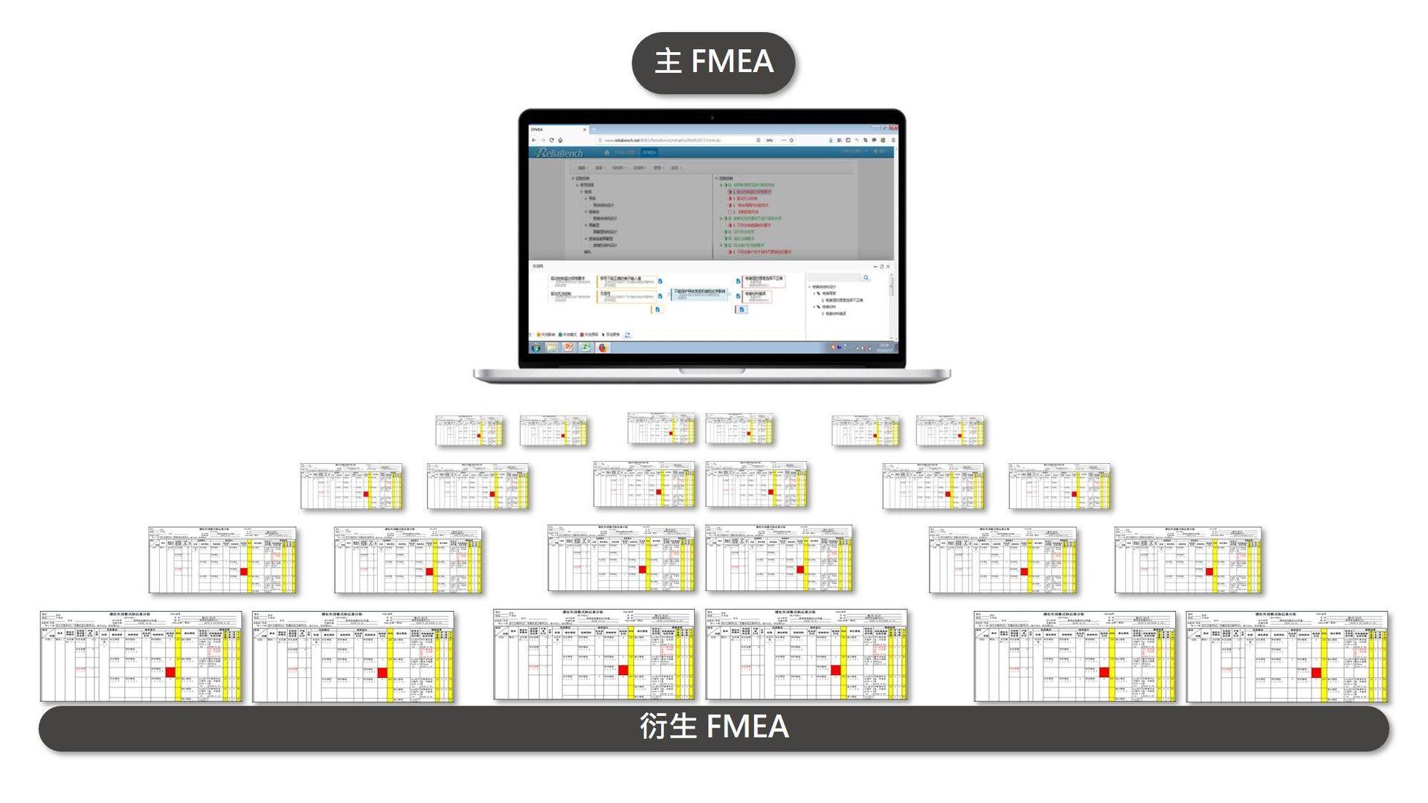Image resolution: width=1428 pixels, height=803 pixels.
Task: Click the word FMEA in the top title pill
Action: coord(733,61)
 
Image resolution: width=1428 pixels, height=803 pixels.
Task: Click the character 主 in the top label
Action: coord(668,61)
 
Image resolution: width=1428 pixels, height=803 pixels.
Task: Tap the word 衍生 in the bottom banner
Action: coord(668,726)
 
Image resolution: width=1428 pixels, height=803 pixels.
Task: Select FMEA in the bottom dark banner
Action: coord(747,726)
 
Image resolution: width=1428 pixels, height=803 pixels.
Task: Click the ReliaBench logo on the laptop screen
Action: coord(559,152)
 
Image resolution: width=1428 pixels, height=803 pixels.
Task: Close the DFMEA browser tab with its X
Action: coord(585,129)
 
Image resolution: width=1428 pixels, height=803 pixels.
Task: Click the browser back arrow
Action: coord(534,140)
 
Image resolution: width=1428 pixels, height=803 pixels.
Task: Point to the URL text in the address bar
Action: coord(662,140)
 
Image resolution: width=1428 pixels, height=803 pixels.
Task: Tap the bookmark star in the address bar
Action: coord(791,140)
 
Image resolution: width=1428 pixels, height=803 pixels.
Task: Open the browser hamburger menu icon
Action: coord(892,140)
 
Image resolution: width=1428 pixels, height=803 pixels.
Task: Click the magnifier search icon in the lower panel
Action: coord(866,277)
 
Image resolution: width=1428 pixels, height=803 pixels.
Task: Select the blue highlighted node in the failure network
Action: coord(699,292)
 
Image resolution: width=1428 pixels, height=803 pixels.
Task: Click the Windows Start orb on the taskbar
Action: coord(535,347)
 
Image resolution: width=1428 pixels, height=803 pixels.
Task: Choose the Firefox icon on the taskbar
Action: coord(602,347)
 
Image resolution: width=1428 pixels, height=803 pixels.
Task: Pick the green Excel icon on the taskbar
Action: coord(585,347)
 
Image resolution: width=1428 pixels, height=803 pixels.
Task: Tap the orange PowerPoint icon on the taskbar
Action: coord(568,347)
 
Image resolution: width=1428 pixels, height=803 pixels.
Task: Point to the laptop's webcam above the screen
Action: coord(712,117)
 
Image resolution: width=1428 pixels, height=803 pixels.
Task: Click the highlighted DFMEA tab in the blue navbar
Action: coord(649,152)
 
